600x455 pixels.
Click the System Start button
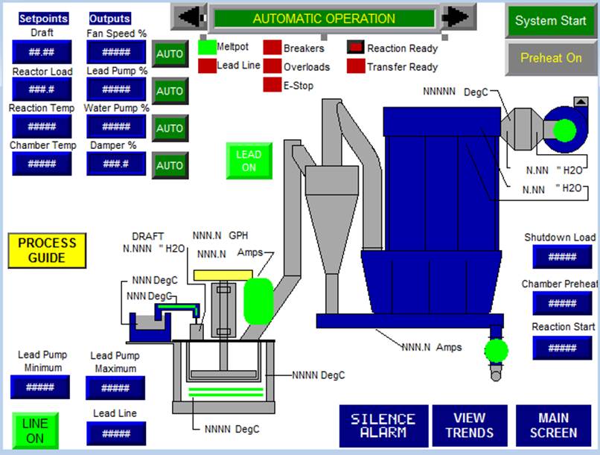point(551,21)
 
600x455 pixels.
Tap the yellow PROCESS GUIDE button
point(47,250)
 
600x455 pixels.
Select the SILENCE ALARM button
point(383,425)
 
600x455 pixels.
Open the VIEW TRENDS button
point(469,425)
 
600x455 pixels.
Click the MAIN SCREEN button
point(553,425)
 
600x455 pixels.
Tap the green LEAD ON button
point(249,161)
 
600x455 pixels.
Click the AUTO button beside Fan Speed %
point(170,54)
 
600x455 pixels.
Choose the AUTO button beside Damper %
point(170,165)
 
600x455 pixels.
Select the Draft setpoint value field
point(42,52)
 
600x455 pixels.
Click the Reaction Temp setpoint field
point(42,127)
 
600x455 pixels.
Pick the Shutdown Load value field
point(563,256)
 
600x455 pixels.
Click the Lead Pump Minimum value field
point(40,387)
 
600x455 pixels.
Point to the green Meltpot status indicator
point(206,48)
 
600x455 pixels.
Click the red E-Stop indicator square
point(272,85)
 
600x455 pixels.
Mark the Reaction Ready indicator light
point(356,48)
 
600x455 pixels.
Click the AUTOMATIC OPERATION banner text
point(324,19)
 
